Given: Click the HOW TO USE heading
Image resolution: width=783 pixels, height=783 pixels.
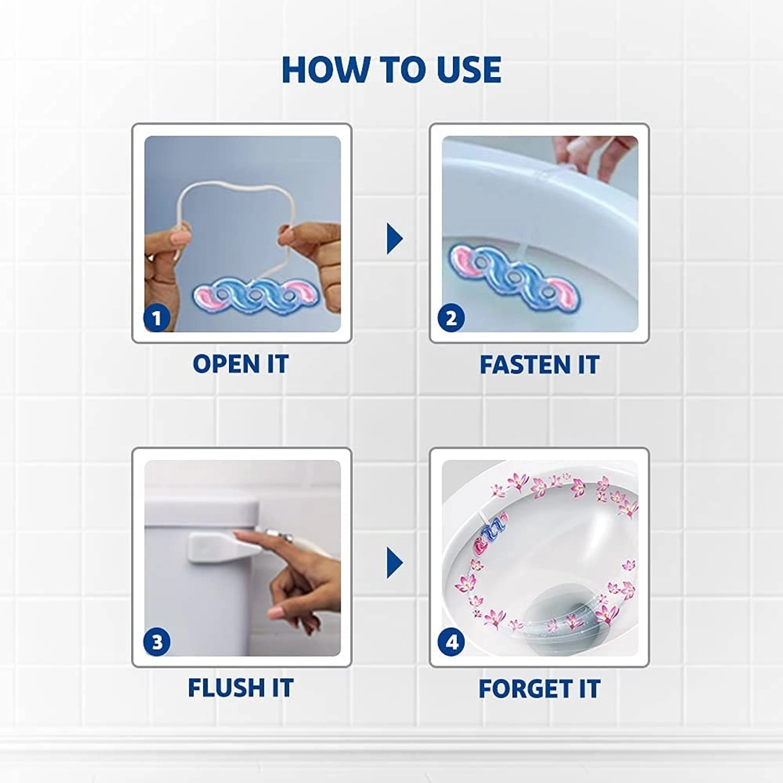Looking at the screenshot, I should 391,69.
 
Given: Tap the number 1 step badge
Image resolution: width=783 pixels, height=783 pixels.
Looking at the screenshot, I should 157,318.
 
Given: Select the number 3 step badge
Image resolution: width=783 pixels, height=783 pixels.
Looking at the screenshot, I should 157,641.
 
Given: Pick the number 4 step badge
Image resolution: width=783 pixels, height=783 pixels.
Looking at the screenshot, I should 452,642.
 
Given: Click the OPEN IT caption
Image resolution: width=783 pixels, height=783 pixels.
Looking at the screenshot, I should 240,364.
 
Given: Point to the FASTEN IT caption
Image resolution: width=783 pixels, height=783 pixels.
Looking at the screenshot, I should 539,365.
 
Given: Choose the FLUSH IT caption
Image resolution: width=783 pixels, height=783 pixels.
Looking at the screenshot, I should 240,688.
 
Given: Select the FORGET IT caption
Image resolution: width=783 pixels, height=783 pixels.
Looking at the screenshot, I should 539,688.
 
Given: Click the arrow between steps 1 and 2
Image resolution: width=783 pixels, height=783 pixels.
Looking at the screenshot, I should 394,238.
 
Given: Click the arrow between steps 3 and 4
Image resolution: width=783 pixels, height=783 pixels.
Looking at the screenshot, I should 394,562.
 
